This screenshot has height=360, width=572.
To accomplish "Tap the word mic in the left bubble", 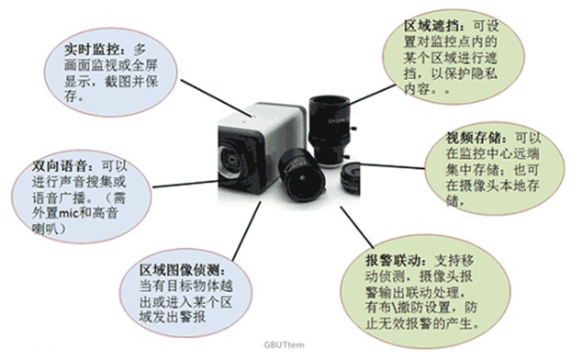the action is [x=69, y=212].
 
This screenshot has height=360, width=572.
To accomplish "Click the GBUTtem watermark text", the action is [x=284, y=344].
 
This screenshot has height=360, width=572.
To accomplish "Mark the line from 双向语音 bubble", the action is [x=185, y=185].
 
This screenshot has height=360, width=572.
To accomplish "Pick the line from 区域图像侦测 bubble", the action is [x=247, y=231].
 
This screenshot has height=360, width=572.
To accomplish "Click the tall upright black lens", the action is [x=330, y=130].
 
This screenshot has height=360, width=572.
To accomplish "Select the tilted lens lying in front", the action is [x=302, y=176].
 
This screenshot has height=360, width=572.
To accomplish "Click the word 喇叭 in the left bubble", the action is [x=44, y=229].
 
